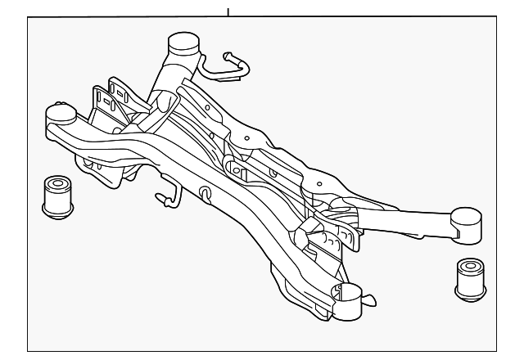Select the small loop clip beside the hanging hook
click(x=205, y=193)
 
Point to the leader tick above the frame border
click(x=228, y=11)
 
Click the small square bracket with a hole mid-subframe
click(x=237, y=169)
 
